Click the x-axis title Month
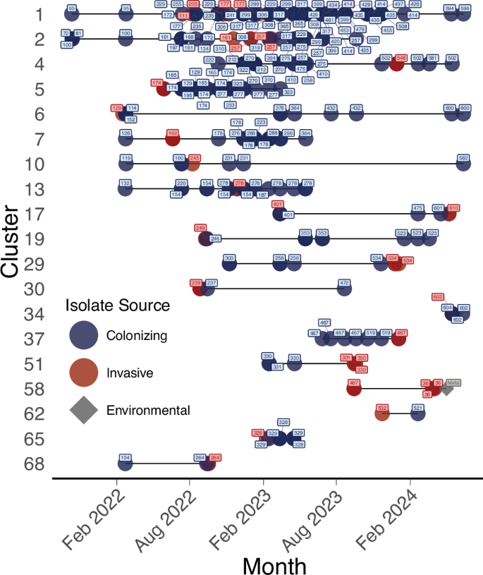coord(274,564)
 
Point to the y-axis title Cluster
coord(12,241)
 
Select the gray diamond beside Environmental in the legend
coord(84,410)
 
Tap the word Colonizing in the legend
coord(136,335)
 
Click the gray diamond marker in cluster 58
coord(447,389)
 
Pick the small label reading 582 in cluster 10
coord(463,158)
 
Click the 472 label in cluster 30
coord(344,283)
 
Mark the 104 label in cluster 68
coord(126,458)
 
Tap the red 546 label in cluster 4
coord(402,58)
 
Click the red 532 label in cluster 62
coord(382,408)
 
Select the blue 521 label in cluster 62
coord(417,408)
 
